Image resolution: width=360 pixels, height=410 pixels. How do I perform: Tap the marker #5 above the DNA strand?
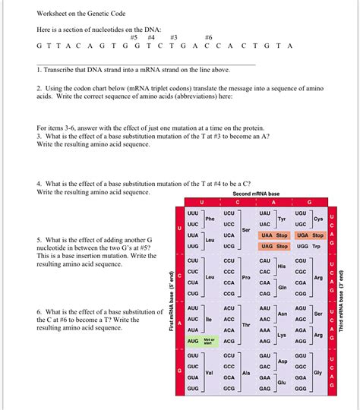click(x=134, y=36)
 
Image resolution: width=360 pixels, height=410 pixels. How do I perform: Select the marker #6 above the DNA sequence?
click(x=209, y=36)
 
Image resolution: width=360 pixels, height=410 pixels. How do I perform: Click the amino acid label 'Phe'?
click(x=210, y=219)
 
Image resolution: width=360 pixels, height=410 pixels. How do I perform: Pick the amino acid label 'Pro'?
click(x=245, y=277)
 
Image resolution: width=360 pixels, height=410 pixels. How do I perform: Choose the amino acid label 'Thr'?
click(x=245, y=325)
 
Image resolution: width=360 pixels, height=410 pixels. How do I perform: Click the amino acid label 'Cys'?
click(x=318, y=219)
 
